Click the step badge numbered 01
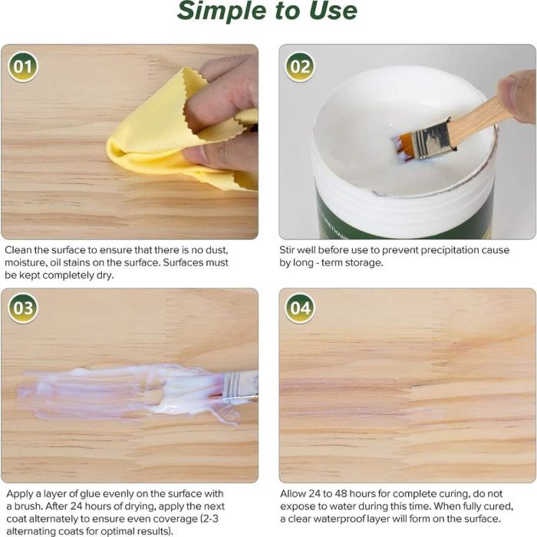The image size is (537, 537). [x=22, y=67]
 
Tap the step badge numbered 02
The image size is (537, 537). [x=300, y=67]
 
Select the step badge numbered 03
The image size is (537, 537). [x=22, y=308]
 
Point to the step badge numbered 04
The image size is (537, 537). [x=300, y=308]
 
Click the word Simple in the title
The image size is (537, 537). [x=222, y=12]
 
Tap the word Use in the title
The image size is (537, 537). [x=333, y=11]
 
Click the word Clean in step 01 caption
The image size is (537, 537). [x=18, y=250]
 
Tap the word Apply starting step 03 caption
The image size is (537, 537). [x=19, y=494]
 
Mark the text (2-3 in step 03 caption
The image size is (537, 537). [x=209, y=519]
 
